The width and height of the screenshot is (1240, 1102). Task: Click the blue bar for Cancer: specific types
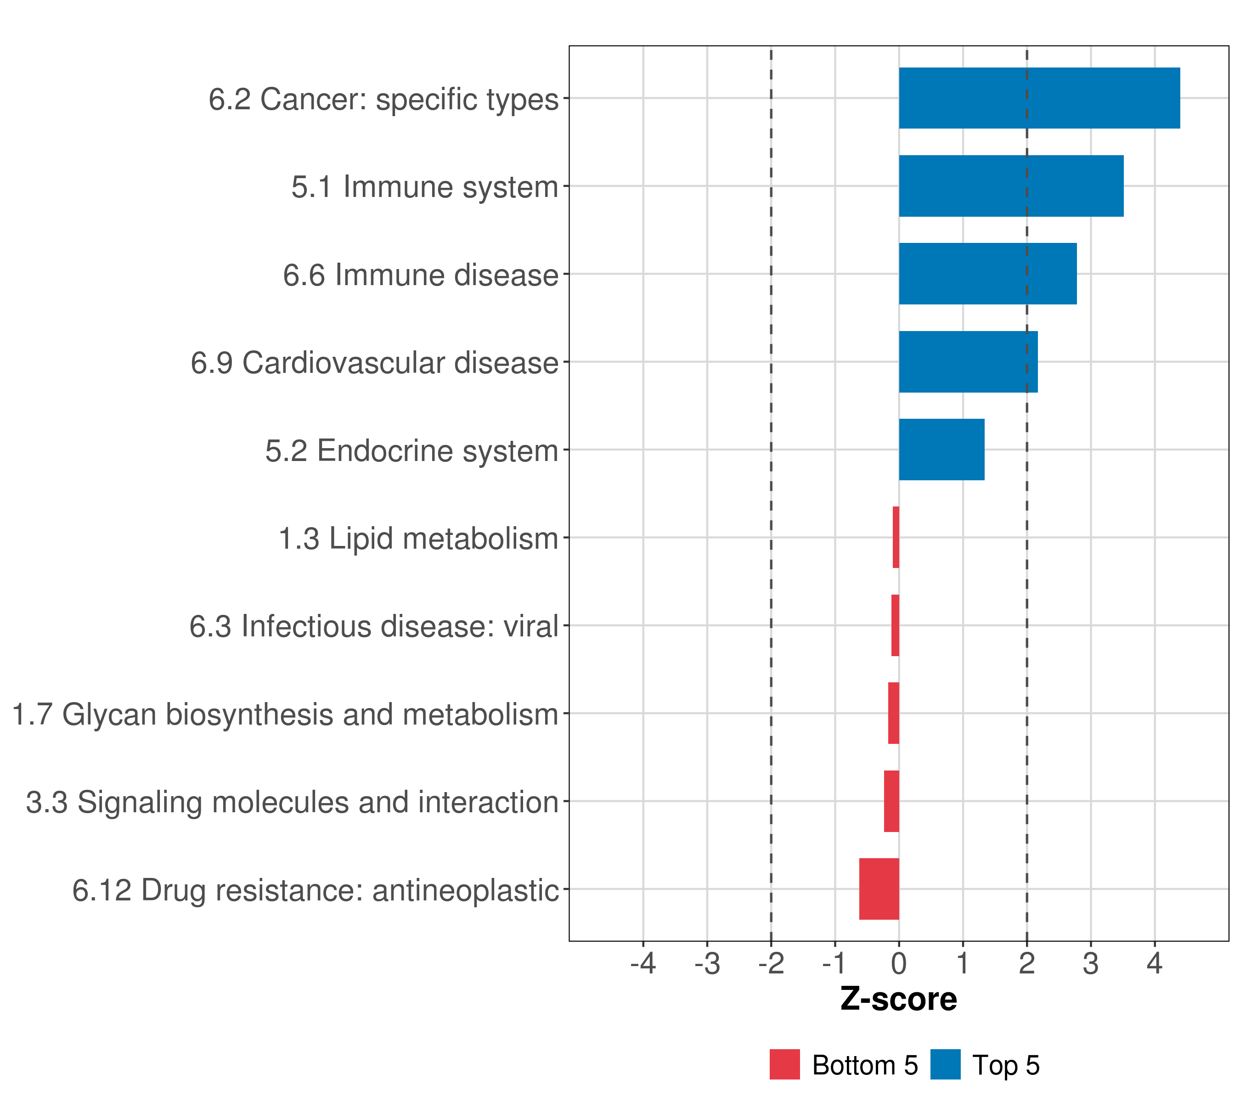click(1038, 98)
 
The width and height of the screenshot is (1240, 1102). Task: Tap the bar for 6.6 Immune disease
click(987, 274)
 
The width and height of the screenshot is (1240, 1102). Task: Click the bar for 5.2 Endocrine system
click(941, 450)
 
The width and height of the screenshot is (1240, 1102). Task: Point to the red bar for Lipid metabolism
click(896, 537)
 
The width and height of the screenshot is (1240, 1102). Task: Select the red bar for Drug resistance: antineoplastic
click(879, 889)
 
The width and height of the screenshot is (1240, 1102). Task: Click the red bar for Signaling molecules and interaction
click(891, 801)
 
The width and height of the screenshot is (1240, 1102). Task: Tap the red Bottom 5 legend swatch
click(784, 1064)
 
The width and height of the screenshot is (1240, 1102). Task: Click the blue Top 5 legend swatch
click(945, 1064)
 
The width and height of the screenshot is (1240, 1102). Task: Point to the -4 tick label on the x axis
click(643, 963)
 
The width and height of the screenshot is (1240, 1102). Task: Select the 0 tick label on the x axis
click(898, 963)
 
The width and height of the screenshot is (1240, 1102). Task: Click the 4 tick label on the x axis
click(1155, 963)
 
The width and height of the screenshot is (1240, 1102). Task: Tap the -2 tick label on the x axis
click(771, 963)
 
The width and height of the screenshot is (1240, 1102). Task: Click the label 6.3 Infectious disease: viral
click(374, 626)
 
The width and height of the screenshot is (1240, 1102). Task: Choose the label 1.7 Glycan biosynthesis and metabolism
click(285, 714)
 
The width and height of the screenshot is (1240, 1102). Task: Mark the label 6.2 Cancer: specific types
click(383, 99)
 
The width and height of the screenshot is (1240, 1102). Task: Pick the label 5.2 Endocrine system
click(411, 450)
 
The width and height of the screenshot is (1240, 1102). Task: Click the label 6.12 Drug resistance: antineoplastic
click(316, 890)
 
